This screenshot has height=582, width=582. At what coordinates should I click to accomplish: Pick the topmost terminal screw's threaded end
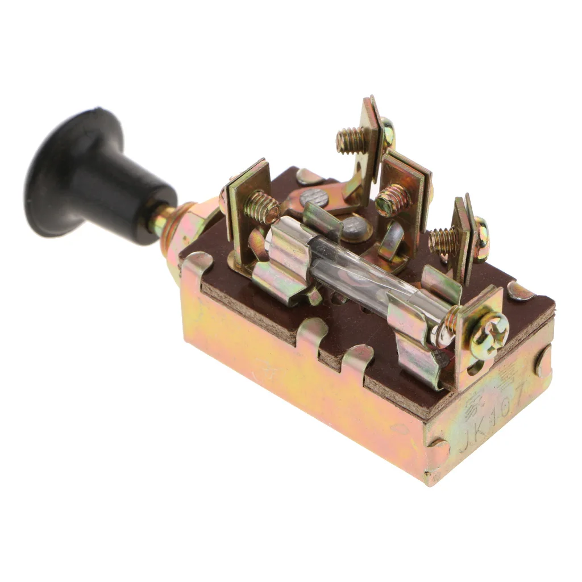[x=349, y=140]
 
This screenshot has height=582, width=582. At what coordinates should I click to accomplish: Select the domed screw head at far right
[x=480, y=239]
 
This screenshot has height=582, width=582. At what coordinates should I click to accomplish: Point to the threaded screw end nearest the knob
[x=261, y=208]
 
